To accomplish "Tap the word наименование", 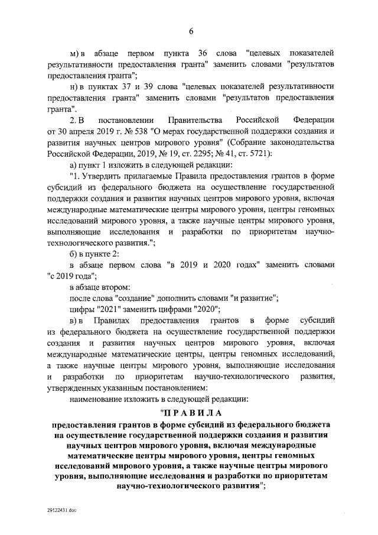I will tap(99, 399).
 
